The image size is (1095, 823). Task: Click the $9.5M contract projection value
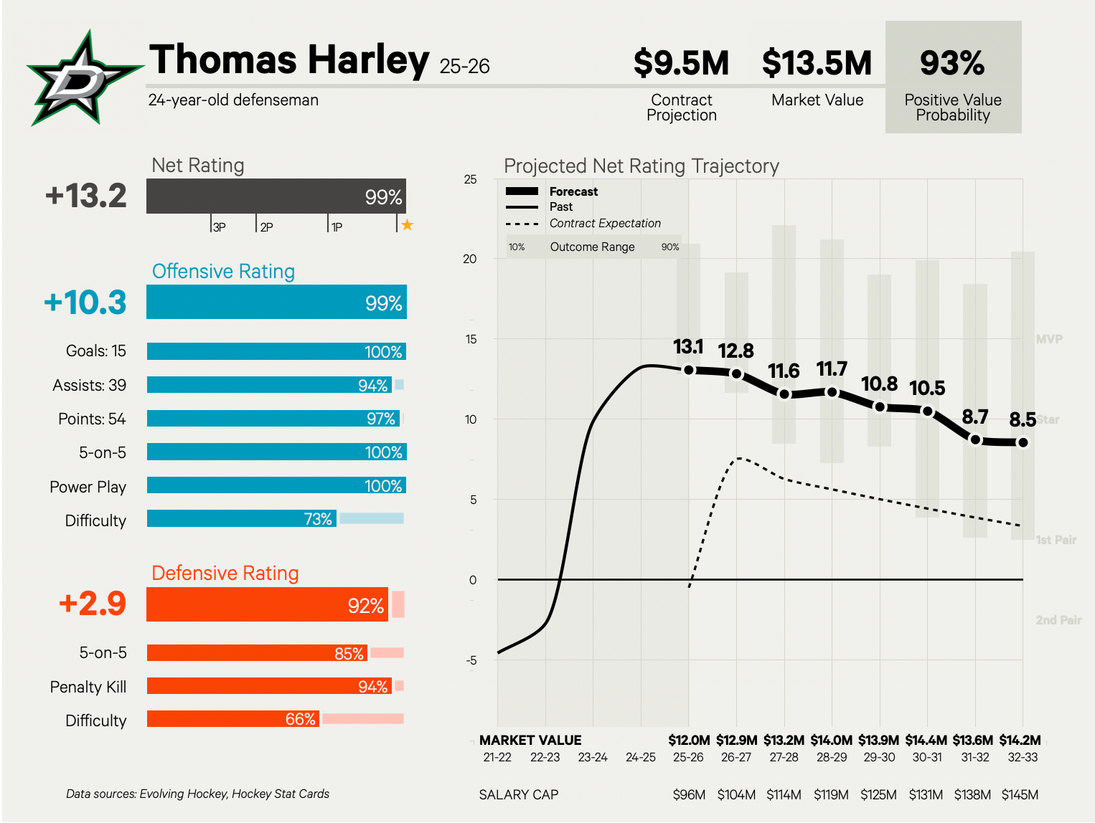coord(681,63)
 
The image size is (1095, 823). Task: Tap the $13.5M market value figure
coord(817,63)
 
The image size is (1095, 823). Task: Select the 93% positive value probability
coord(952,63)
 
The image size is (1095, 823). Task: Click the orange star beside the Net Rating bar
coord(407,225)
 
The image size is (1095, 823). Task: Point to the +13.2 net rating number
coord(86,196)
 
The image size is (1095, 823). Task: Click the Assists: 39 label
coord(89,385)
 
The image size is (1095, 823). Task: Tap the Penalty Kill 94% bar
coord(269,686)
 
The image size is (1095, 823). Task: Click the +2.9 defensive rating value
coord(93,604)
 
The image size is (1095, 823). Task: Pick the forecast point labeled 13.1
coord(689,370)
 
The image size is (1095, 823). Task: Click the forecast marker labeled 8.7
coord(975,439)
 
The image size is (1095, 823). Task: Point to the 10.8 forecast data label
coord(879,384)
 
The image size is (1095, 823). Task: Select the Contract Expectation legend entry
coord(604,223)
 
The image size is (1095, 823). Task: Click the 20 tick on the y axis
coord(470,259)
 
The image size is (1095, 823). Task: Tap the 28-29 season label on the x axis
coord(832,757)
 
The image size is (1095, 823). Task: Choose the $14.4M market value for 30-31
coord(926,740)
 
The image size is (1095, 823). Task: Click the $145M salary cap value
coord(1020,794)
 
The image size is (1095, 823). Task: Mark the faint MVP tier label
coord(1049,339)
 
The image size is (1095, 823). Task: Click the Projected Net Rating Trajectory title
coord(641,166)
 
